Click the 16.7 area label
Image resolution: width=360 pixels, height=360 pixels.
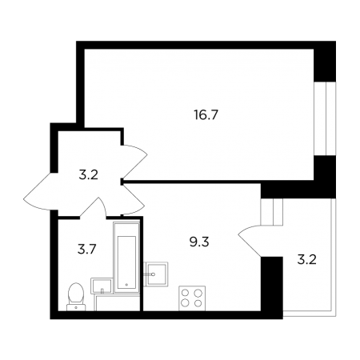(206, 115)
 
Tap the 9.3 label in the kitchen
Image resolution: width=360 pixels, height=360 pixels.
(199, 242)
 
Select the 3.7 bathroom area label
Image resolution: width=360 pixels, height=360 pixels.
(86, 250)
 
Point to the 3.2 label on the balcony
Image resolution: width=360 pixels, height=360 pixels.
(306, 259)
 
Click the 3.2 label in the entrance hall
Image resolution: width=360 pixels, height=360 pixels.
(89, 175)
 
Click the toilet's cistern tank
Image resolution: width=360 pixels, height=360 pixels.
(76, 307)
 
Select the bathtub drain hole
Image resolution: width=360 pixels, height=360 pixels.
(126, 285)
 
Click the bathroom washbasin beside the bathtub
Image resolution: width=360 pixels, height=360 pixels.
(102, 286)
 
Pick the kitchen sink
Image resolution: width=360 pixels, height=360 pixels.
(156, 274)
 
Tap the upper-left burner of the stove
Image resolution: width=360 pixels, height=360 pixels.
(185, 293)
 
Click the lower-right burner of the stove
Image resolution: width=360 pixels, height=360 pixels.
(198, 303)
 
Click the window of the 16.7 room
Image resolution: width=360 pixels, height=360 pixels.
(325, 118)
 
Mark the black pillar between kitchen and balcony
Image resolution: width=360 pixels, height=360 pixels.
(271, 287)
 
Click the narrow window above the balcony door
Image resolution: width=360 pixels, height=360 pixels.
(271, 212)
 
